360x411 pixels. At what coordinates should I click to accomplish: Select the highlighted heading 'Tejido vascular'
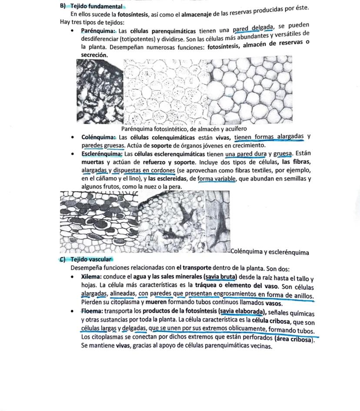[89, 259]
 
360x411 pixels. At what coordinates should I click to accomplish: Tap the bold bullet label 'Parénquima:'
[98, 31]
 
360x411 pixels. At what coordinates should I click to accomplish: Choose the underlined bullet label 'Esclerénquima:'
[102, 154]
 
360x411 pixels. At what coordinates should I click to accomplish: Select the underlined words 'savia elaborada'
[243, 312]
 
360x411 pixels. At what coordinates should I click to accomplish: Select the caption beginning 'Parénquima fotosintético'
[184, 129]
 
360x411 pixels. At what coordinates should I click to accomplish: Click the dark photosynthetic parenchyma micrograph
[100, 91]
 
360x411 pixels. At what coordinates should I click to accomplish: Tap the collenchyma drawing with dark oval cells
[98, 222]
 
